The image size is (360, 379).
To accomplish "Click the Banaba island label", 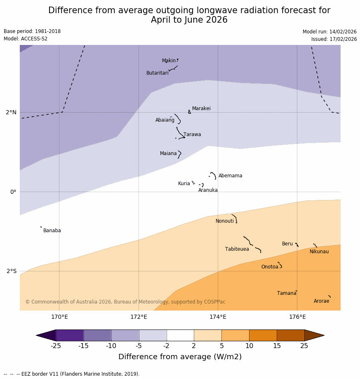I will (x=52, y=231).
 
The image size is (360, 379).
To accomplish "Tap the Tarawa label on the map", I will (x=192, y=134).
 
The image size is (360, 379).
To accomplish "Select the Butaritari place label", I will (x=157, y=73).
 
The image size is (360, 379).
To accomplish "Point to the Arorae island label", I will (x=321, y=301).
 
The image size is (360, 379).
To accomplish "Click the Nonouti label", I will (x=224, y=221).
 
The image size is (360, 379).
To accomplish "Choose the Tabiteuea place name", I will (x=237, y=249).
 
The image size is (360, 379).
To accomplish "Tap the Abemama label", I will (x=230, y=176).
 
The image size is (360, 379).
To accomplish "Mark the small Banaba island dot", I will (x=41, y=227).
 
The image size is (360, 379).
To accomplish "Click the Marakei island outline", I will (x=189, y=111).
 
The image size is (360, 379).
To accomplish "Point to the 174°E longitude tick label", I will (x=218, y=317).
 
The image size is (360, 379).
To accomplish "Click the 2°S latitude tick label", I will (x=12, y=271).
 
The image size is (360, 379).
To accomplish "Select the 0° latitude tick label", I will (x=13, y=192).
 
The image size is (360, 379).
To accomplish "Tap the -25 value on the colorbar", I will (x=56, y=346).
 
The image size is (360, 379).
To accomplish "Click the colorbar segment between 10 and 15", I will (x=263, y=335).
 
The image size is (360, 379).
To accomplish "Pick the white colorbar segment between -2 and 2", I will (x=180, y=335).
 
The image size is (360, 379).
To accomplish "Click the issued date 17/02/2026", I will (x=334, y=39).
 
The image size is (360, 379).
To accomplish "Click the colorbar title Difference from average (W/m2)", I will (x=180, y=357).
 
